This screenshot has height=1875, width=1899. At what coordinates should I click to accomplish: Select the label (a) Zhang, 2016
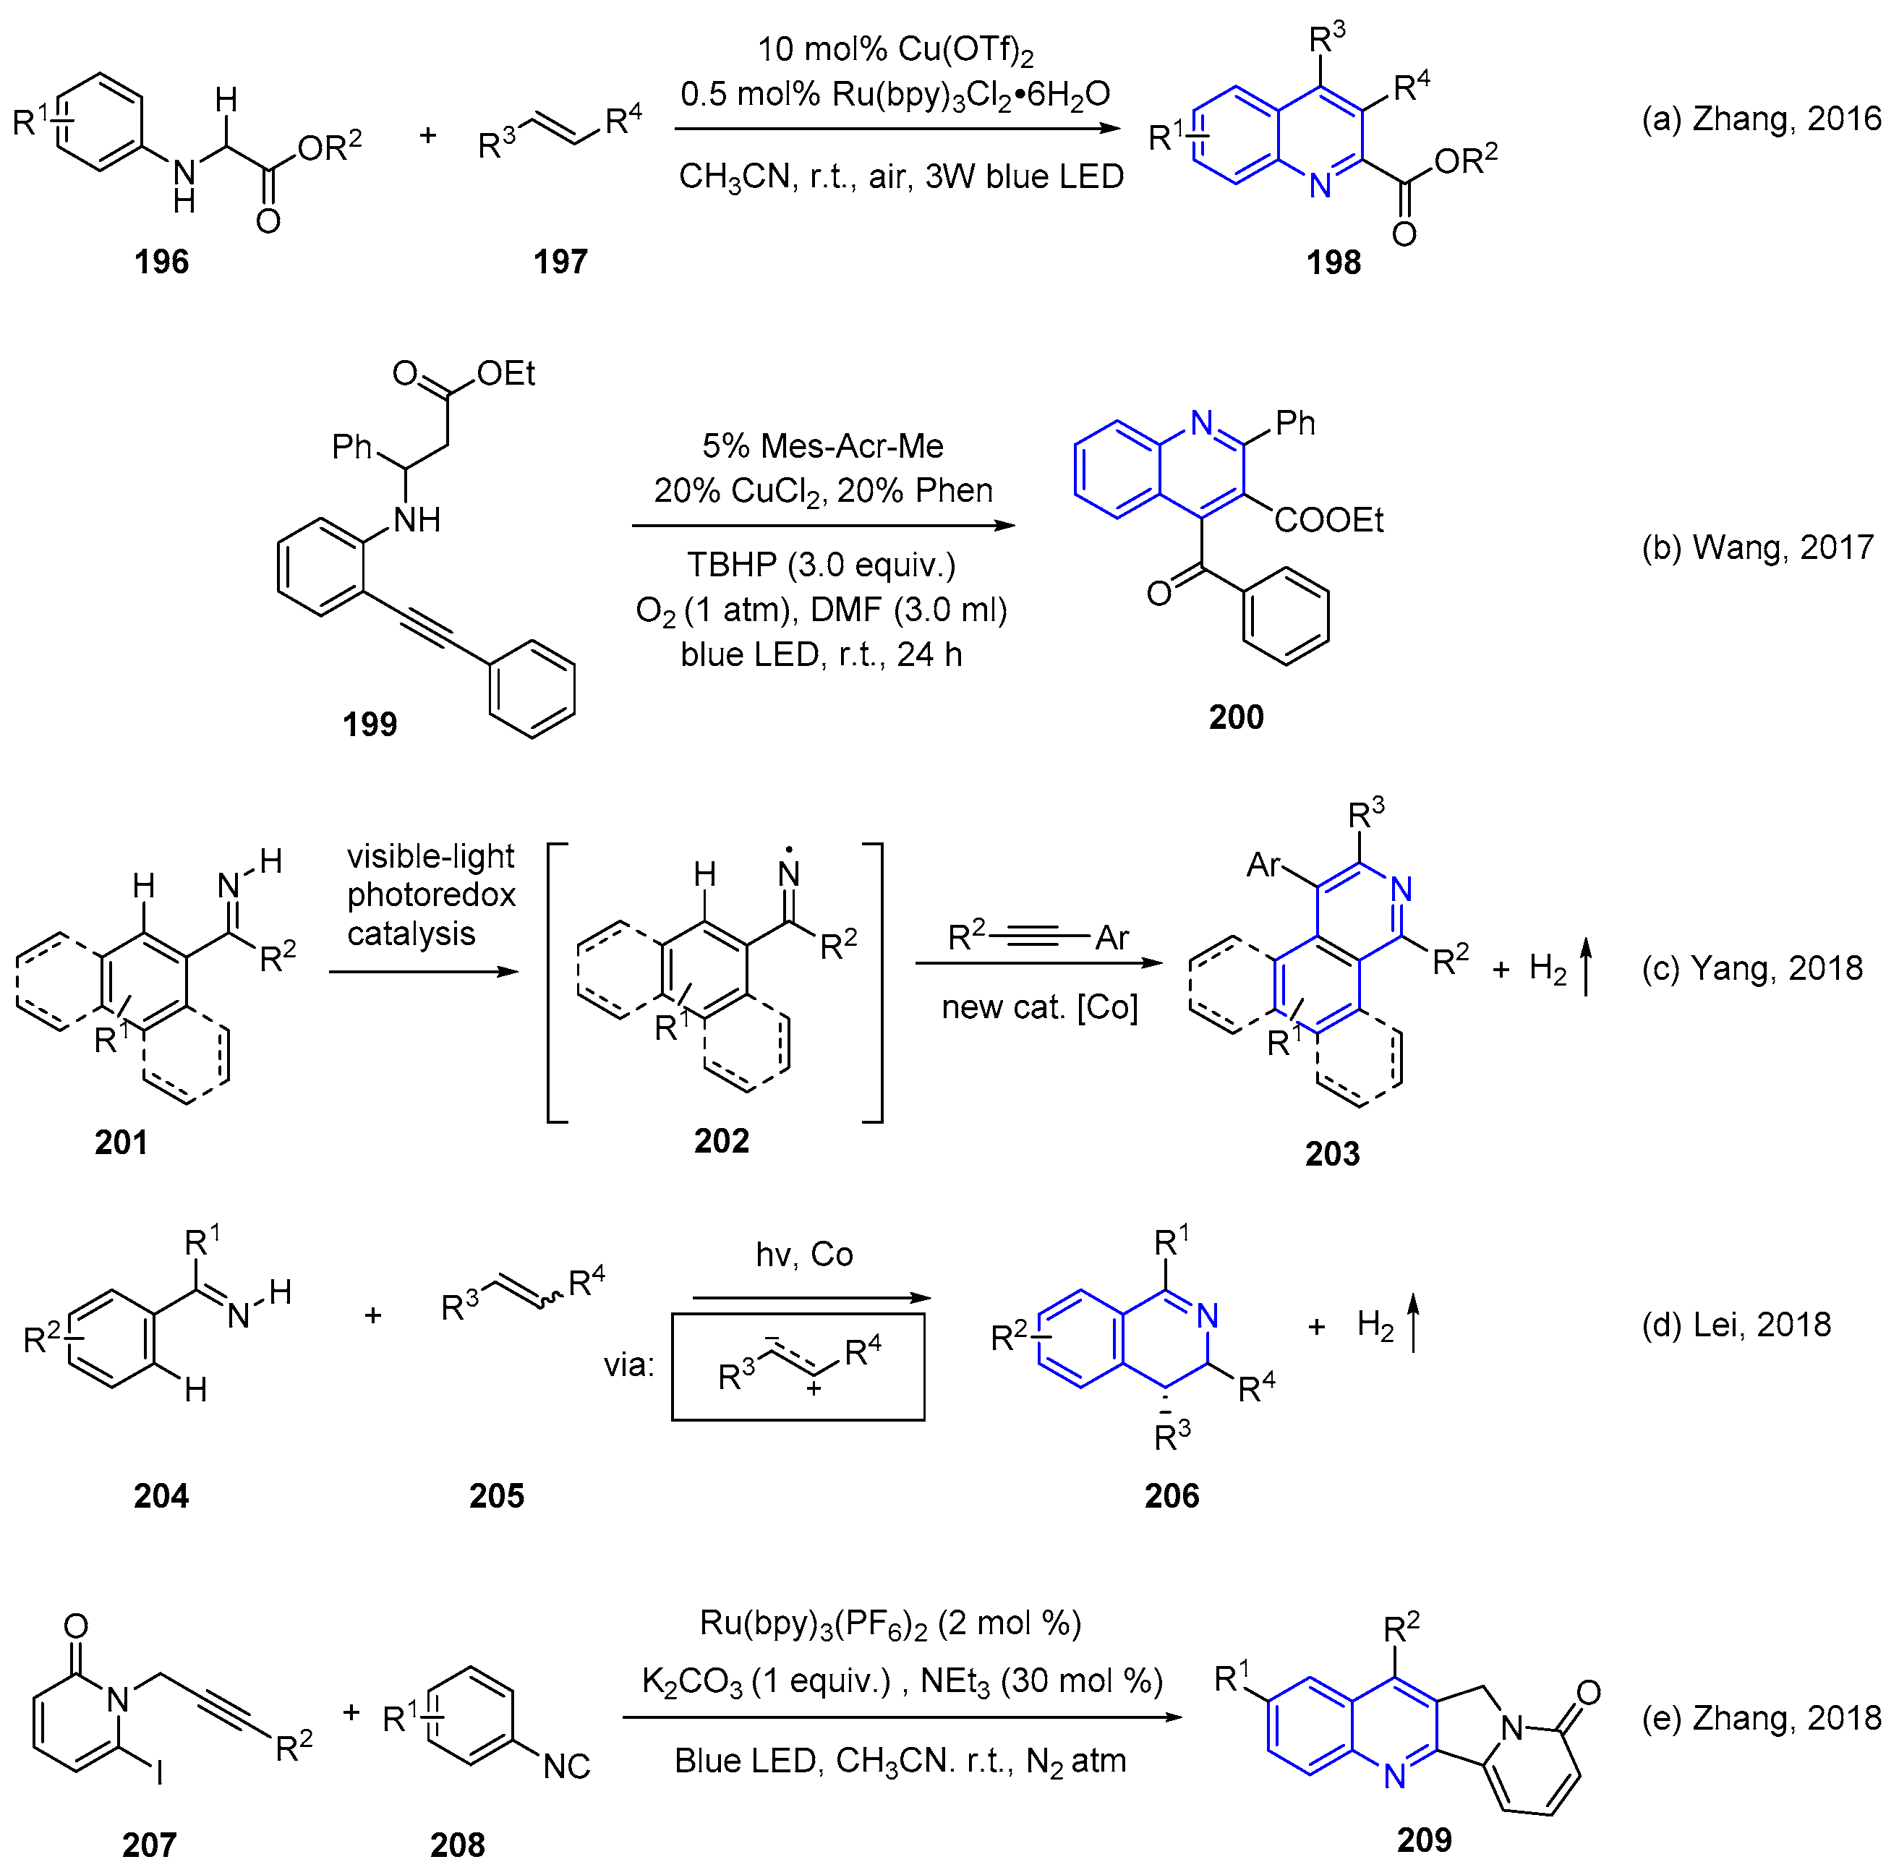[x=1760, y=119]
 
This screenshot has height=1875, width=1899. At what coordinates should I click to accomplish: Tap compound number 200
[x=1236, y=717]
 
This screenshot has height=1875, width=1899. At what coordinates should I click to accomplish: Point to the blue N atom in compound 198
[x=1320, y=184]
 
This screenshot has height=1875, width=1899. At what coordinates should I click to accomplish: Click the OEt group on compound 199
[x=505, y=373]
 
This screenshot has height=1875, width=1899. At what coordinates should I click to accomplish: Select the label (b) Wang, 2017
[x=1757, y=547]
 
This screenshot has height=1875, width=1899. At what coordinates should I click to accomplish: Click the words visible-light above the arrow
[x=430, y=856]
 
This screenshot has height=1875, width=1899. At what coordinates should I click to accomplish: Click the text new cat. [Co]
[x=1039, y=1007]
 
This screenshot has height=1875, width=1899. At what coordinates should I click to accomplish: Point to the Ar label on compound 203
[x=1264, y=865]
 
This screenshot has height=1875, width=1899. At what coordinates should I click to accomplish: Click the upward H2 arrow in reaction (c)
[x=1584, y=967]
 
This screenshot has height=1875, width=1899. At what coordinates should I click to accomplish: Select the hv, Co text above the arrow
[x=804, y=1255]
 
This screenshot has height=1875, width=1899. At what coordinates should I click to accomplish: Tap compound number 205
[x=496, y=1495]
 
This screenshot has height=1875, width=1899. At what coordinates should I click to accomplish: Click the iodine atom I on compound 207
[x=159, y=1772]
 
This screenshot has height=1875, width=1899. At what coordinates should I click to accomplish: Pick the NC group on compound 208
[x=566, y=1766]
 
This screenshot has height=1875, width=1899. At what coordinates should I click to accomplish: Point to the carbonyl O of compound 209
[x=1587, y=1692]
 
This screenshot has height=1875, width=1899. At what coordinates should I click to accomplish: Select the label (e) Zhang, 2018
[x=1760, y=1718]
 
